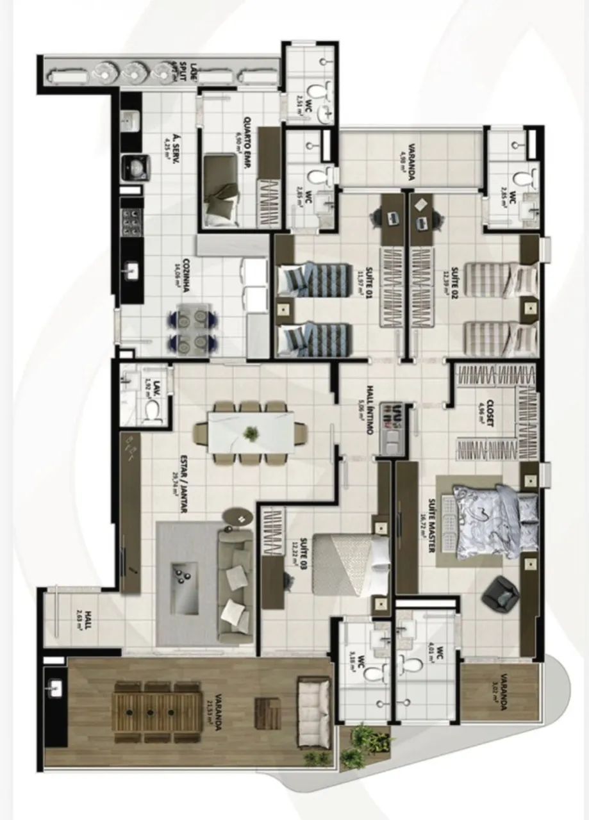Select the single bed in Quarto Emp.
click(220, 190)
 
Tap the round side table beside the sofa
click(240, 516)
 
